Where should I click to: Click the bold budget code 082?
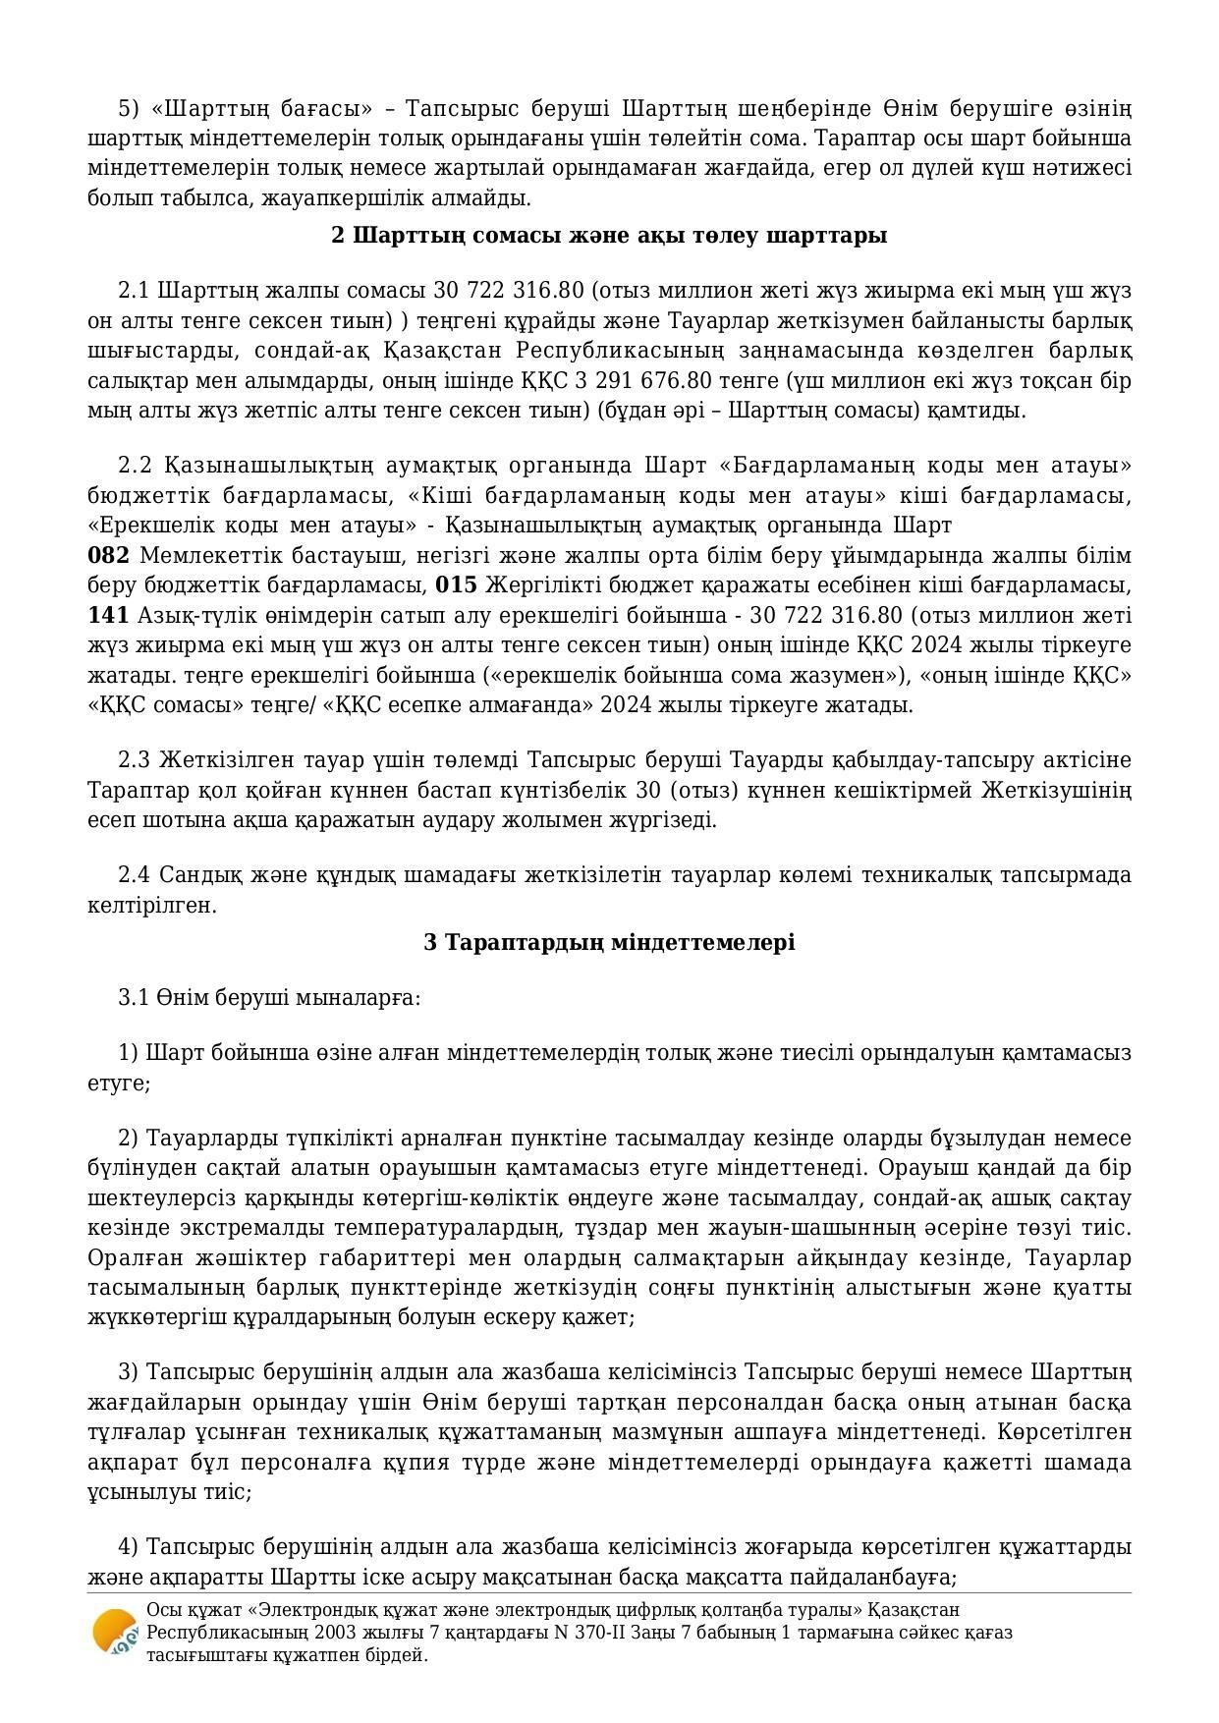pos(108,556)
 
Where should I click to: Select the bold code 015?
pos(456,585)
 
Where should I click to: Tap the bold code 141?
pos(108,616)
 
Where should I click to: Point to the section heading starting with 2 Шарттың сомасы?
pos(609,236)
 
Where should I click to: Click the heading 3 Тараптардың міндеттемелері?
pos(609,943)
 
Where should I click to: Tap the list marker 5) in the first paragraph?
pos(129,108)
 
